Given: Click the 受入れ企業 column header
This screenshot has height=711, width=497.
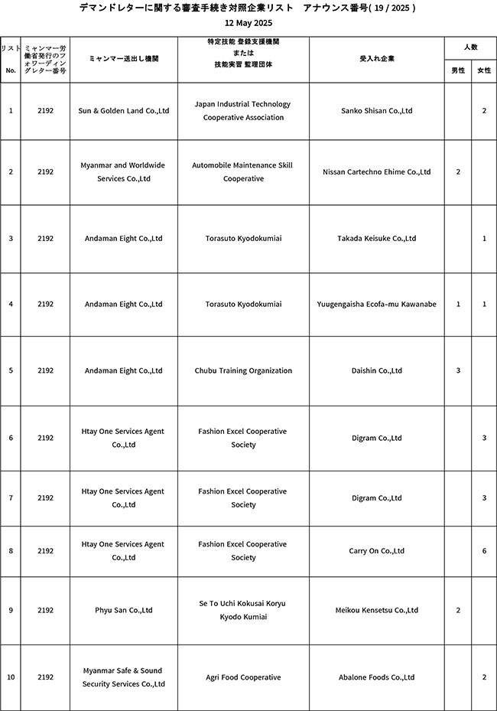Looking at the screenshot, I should coord(376,58).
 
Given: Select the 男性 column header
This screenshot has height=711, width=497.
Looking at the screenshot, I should coord(458,70).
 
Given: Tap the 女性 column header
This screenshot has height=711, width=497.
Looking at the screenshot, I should coord(484,70).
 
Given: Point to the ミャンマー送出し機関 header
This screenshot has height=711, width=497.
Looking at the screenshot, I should coord(124,58).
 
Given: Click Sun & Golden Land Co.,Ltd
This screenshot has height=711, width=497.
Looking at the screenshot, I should coord(124,111).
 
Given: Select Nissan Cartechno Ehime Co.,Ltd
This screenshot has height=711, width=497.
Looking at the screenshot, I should coord(376,172).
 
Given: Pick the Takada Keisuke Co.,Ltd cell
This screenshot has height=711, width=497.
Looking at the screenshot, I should coord(376,239).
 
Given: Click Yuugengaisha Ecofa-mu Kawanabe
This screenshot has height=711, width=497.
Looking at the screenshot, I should coord(376,305).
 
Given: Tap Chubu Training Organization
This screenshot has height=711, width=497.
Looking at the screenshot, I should coord(243,371).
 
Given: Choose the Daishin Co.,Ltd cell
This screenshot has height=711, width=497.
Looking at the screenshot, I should coord(376,371).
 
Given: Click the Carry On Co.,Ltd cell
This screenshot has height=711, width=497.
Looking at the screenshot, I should coord(376,551).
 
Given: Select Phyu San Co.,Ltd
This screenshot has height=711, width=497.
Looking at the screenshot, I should coord(124,611).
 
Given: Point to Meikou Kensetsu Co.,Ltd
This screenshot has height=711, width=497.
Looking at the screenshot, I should coord(376,611).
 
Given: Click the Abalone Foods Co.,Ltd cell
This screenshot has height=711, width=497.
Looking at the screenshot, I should coord(376,677).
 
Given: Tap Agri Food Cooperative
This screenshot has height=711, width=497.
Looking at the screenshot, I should coord(243,677).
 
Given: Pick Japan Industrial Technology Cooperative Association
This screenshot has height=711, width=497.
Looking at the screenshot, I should coord(243,111).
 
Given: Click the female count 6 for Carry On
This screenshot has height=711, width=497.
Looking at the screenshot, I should coord(484,551).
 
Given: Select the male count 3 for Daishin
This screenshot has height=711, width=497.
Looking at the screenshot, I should coord(458,371).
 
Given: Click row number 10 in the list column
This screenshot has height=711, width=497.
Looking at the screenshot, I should coord(11,677).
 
